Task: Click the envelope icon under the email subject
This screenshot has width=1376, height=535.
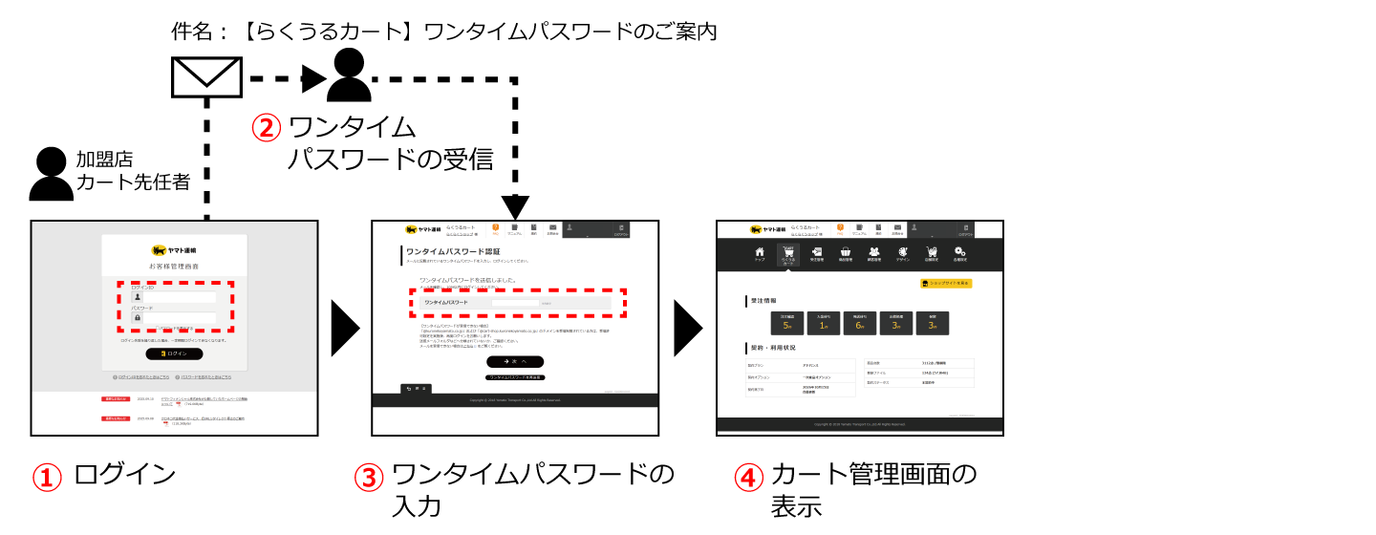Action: pyautogui.click(x=205, y=76)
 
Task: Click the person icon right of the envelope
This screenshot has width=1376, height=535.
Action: pyautogui.click(x=349, y=75)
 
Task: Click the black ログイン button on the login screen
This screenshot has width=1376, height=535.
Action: pyautogui.click(x=174, y=353)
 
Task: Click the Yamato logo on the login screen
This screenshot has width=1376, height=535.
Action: pyautogui.click(x=174, y=250)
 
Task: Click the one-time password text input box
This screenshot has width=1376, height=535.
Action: pyautogui.click(x=515, y=302)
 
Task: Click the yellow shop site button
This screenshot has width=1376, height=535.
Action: pyautogui.click(x=945, y=284)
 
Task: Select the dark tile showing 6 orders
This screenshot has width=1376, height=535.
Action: pyautogui.click(x=860, y=323)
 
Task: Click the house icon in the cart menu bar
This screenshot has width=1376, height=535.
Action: pyautogui.click(x=760, y=253)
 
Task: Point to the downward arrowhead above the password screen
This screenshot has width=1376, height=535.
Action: pyautogui.click(x=515, y=205)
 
